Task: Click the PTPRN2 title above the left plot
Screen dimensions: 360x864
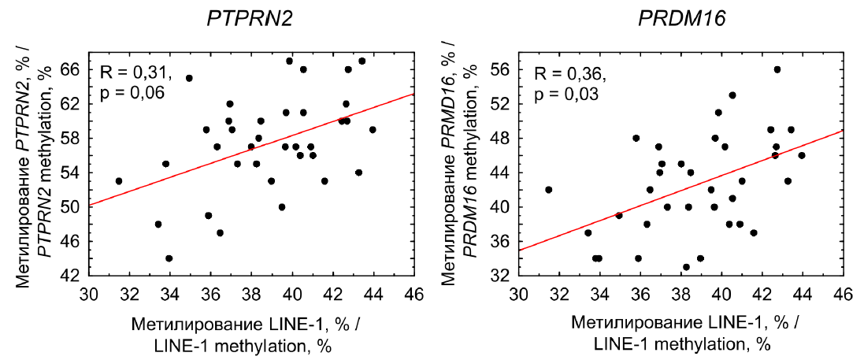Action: [250, 18]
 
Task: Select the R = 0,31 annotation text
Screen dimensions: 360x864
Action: [135, 73]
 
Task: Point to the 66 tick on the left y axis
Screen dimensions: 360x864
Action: [70, 69]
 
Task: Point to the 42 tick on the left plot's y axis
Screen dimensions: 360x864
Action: [70, 276]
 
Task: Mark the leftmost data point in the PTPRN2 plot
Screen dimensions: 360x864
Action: [119, 181]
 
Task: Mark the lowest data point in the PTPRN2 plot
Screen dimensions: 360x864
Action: [169, 258]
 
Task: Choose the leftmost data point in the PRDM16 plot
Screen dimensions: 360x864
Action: [549, 190]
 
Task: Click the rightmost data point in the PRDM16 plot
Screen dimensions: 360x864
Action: [802, 155]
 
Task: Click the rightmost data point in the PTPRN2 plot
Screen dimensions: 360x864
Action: [373, 129]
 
